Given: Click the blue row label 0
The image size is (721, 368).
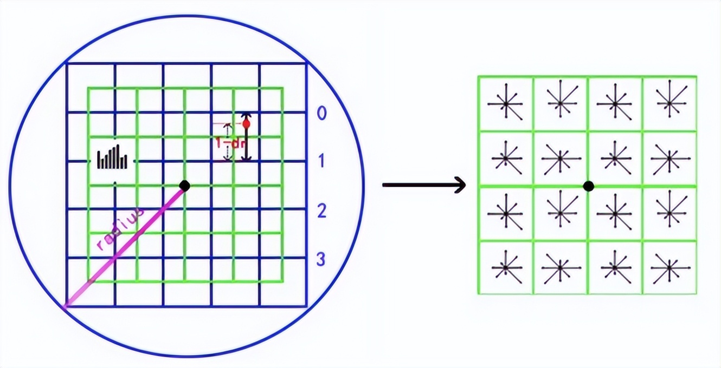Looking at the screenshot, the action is [321, 114].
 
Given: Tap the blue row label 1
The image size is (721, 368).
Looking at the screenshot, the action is [321, 161].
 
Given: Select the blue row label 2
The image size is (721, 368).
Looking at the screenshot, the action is [321, 211].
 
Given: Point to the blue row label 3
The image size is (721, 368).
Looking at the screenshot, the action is [321, 259].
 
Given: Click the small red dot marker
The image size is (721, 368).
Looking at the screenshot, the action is [246, 124].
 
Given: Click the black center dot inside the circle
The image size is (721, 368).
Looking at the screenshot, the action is [184, 186].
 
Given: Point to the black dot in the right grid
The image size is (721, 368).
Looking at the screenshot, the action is [588, 186].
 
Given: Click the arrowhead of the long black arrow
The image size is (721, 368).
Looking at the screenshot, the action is [461, 185].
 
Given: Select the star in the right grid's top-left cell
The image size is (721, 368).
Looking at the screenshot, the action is [505, 103].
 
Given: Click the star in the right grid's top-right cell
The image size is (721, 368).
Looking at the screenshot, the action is [669, 103].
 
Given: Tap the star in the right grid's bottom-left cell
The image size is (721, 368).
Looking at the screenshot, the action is [505, 267].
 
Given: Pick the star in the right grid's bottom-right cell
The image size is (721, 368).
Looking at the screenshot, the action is [669, 267].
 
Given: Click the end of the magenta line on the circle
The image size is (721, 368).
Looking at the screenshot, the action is [65, 307].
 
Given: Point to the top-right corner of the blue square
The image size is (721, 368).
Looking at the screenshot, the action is [307, 63].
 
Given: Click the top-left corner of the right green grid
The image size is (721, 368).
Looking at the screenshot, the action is [478, 76].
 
